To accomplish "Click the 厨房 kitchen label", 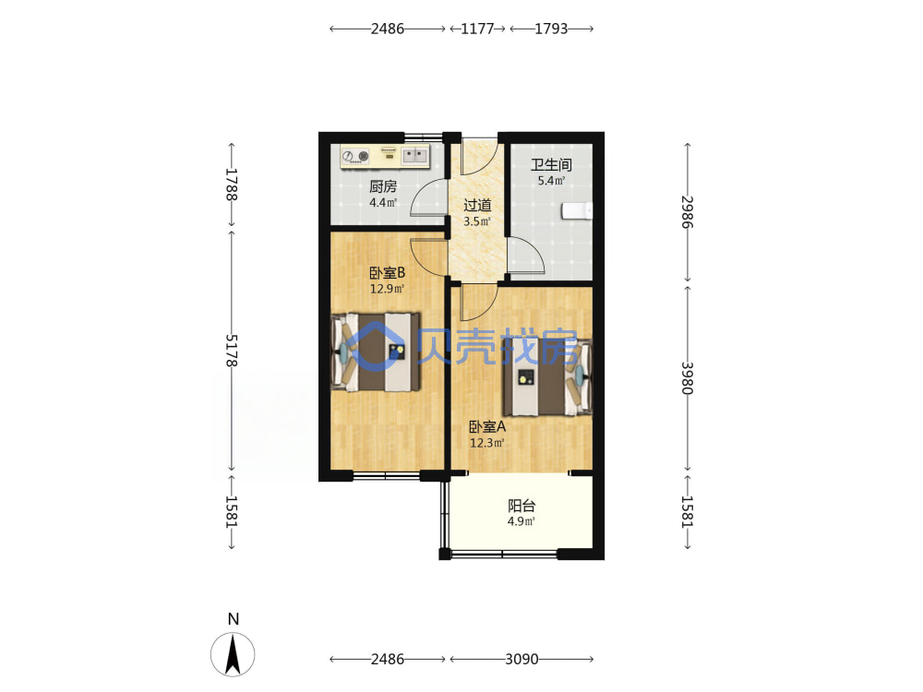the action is tap(383, 187).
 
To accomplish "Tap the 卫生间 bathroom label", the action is tap(551, 165).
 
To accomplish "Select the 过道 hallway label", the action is tap(477, 206).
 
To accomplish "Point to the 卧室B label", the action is tap(388, 273).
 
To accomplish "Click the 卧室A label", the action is tap(487, 426).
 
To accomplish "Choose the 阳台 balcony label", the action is tap(521, 506).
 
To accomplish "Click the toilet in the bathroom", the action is tap(577, 210).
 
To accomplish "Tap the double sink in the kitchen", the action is tap(415, 155).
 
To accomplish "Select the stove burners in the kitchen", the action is tap(355, 156).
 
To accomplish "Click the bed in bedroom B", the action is tap(376, 352).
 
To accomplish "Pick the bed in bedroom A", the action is tap(547, 377).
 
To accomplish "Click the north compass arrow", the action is tap(234, 654).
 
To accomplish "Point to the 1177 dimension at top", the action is tap(477, 29).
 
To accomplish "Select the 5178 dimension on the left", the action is tap(232, 351).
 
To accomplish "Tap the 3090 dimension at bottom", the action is tap(521, 659).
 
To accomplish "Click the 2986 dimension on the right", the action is tap(688, 212).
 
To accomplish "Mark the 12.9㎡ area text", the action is tap(387, 289).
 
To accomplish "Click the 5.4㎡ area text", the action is tap(551, 181).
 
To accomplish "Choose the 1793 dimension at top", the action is tap(551, 29).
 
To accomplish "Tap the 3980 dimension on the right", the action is tap(688, 377).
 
